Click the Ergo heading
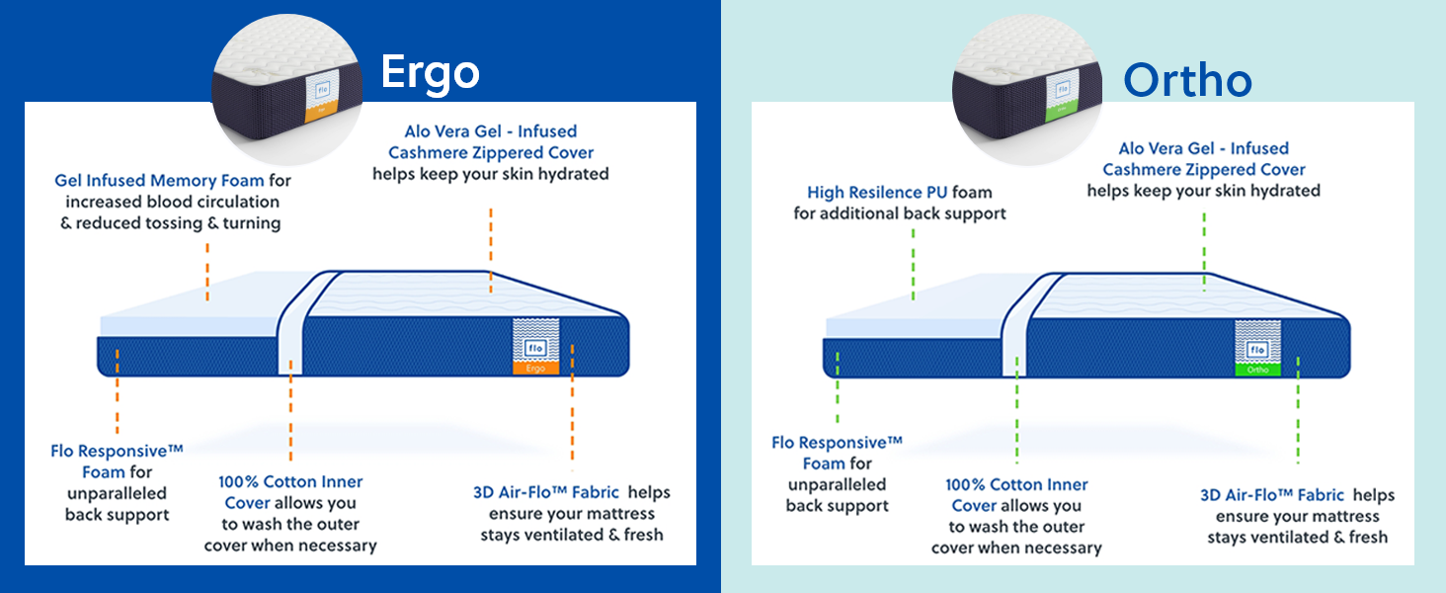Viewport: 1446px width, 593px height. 431,72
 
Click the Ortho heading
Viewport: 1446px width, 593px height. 1187,81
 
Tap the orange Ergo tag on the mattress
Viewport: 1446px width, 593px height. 536,368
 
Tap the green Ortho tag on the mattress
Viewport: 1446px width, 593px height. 1257,371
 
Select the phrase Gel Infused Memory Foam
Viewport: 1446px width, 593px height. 159,181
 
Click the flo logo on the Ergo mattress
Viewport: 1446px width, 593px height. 536,347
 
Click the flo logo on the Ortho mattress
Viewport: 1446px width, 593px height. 1257,350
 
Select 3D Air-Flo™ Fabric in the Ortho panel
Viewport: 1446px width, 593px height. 1272,495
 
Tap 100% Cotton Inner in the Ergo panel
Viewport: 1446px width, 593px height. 290,482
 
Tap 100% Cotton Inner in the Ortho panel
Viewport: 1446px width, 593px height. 1016,485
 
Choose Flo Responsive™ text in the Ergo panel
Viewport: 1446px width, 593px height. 117,452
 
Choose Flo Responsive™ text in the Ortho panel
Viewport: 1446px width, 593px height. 837,443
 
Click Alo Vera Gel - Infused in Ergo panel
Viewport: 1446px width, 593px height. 490,131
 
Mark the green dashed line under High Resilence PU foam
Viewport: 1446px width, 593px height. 913,264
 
